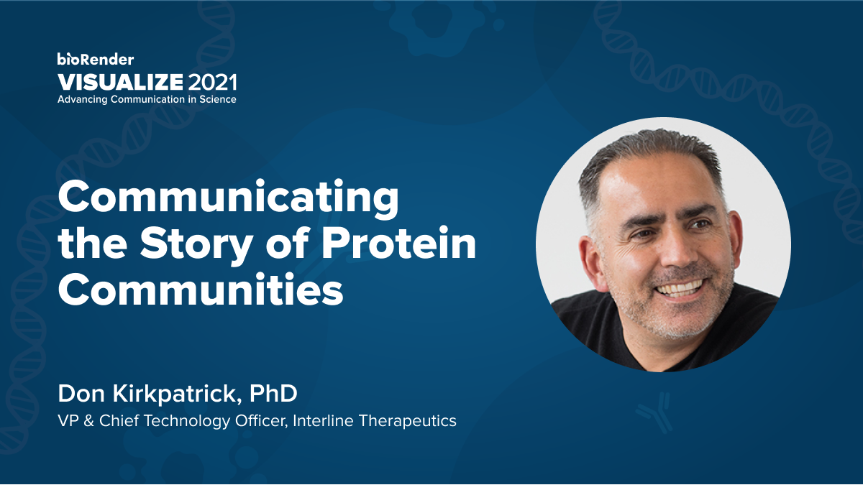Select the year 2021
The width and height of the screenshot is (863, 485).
(x=211, y=80)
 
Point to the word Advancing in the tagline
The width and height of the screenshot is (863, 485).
(x=83, y=99)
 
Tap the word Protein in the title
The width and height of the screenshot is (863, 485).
(x=398, y=246)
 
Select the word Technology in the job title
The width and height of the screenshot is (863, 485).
(x=190, y=420)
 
